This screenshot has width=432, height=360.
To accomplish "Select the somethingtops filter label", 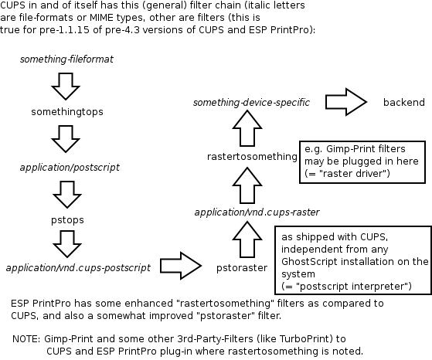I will click(67, 111).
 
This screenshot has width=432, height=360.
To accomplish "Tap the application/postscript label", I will click(69, 166).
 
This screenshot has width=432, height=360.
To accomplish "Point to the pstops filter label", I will click(66, 220).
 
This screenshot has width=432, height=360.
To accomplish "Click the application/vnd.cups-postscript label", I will click(78, 267).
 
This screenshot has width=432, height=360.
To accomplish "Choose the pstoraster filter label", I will click(242, 267).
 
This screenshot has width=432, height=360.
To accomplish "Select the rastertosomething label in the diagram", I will click(252, 157).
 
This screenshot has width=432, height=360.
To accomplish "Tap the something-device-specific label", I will click(251, 102).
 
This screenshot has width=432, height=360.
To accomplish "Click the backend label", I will click(403, 102).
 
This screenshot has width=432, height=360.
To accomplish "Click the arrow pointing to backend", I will click(346, 102).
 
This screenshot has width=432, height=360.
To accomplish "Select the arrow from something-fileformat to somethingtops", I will click(66, 84).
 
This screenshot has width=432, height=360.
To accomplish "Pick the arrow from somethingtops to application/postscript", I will click(66, 139).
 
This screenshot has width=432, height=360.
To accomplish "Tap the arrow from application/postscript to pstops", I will click(66, 193).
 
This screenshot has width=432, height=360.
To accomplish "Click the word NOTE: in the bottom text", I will click(28, 338).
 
